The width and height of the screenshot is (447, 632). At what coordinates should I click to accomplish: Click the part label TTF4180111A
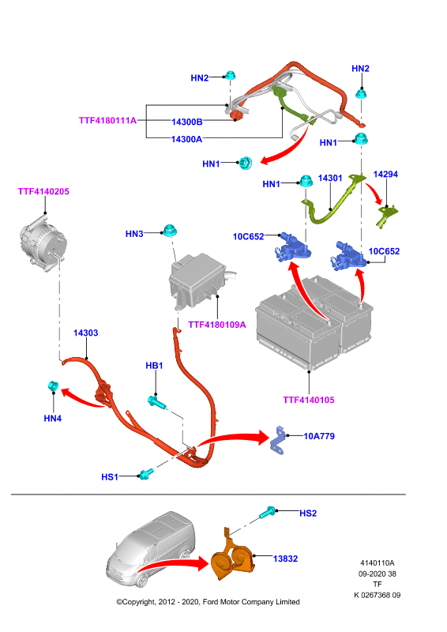tap(107, 121)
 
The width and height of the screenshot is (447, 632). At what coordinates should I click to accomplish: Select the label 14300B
tap(187, 122)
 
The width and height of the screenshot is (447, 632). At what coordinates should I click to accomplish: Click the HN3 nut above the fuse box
tap(170, 231)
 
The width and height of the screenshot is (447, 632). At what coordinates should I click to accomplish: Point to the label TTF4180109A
tap(217, 325)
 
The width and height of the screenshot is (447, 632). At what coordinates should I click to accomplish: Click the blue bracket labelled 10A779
tap(278, 440)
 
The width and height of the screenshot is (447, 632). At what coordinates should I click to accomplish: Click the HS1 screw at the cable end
tap(145, 473)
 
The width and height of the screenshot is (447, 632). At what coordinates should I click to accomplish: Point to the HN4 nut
tap(53, 386)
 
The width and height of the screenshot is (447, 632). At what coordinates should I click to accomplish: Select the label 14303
tap(85, 333)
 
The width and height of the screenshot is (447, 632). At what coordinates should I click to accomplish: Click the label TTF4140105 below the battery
tap(309, 400)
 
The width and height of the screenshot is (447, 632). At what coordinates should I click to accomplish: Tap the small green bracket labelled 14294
tap(386, 216)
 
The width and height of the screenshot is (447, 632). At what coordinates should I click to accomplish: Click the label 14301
tap(330, 179)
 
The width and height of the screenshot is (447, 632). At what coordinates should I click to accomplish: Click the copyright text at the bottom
tap(208, 602)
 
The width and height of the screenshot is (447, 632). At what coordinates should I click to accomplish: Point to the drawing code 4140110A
tap(378, 563)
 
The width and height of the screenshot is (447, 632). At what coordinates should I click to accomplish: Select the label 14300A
tap(186, 139)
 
